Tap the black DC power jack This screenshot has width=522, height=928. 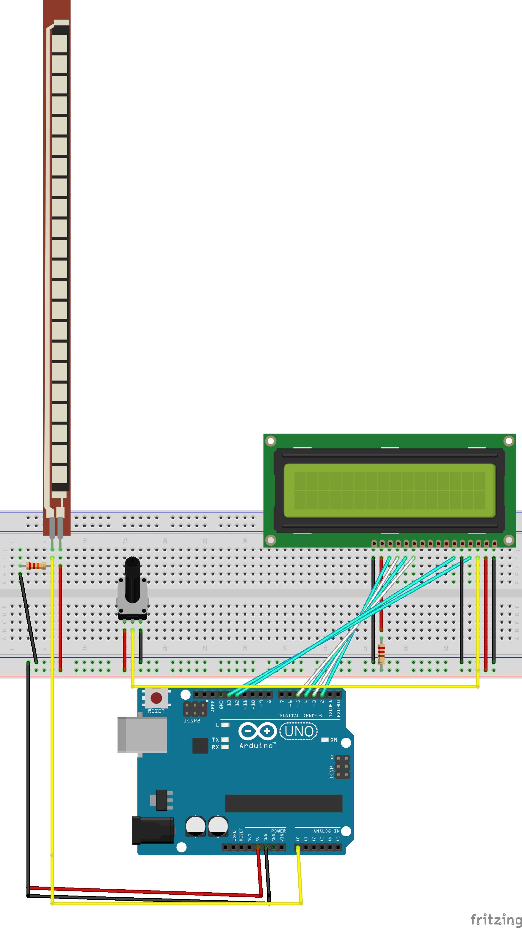[153, 830]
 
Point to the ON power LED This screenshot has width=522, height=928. [325, 740]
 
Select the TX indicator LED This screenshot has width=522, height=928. [225, 740]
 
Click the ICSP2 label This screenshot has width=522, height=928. [192, 720]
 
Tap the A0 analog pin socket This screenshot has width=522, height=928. [298, 847]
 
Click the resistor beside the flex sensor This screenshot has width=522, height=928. [36, 566]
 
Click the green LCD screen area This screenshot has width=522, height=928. [390, 490]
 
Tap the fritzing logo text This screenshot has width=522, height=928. [496, 919]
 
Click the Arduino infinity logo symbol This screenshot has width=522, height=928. [257, 731]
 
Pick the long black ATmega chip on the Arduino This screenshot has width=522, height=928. [283, 803]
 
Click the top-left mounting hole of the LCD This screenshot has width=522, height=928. [271, 441]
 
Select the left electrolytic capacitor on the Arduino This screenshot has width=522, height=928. [195, 826]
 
